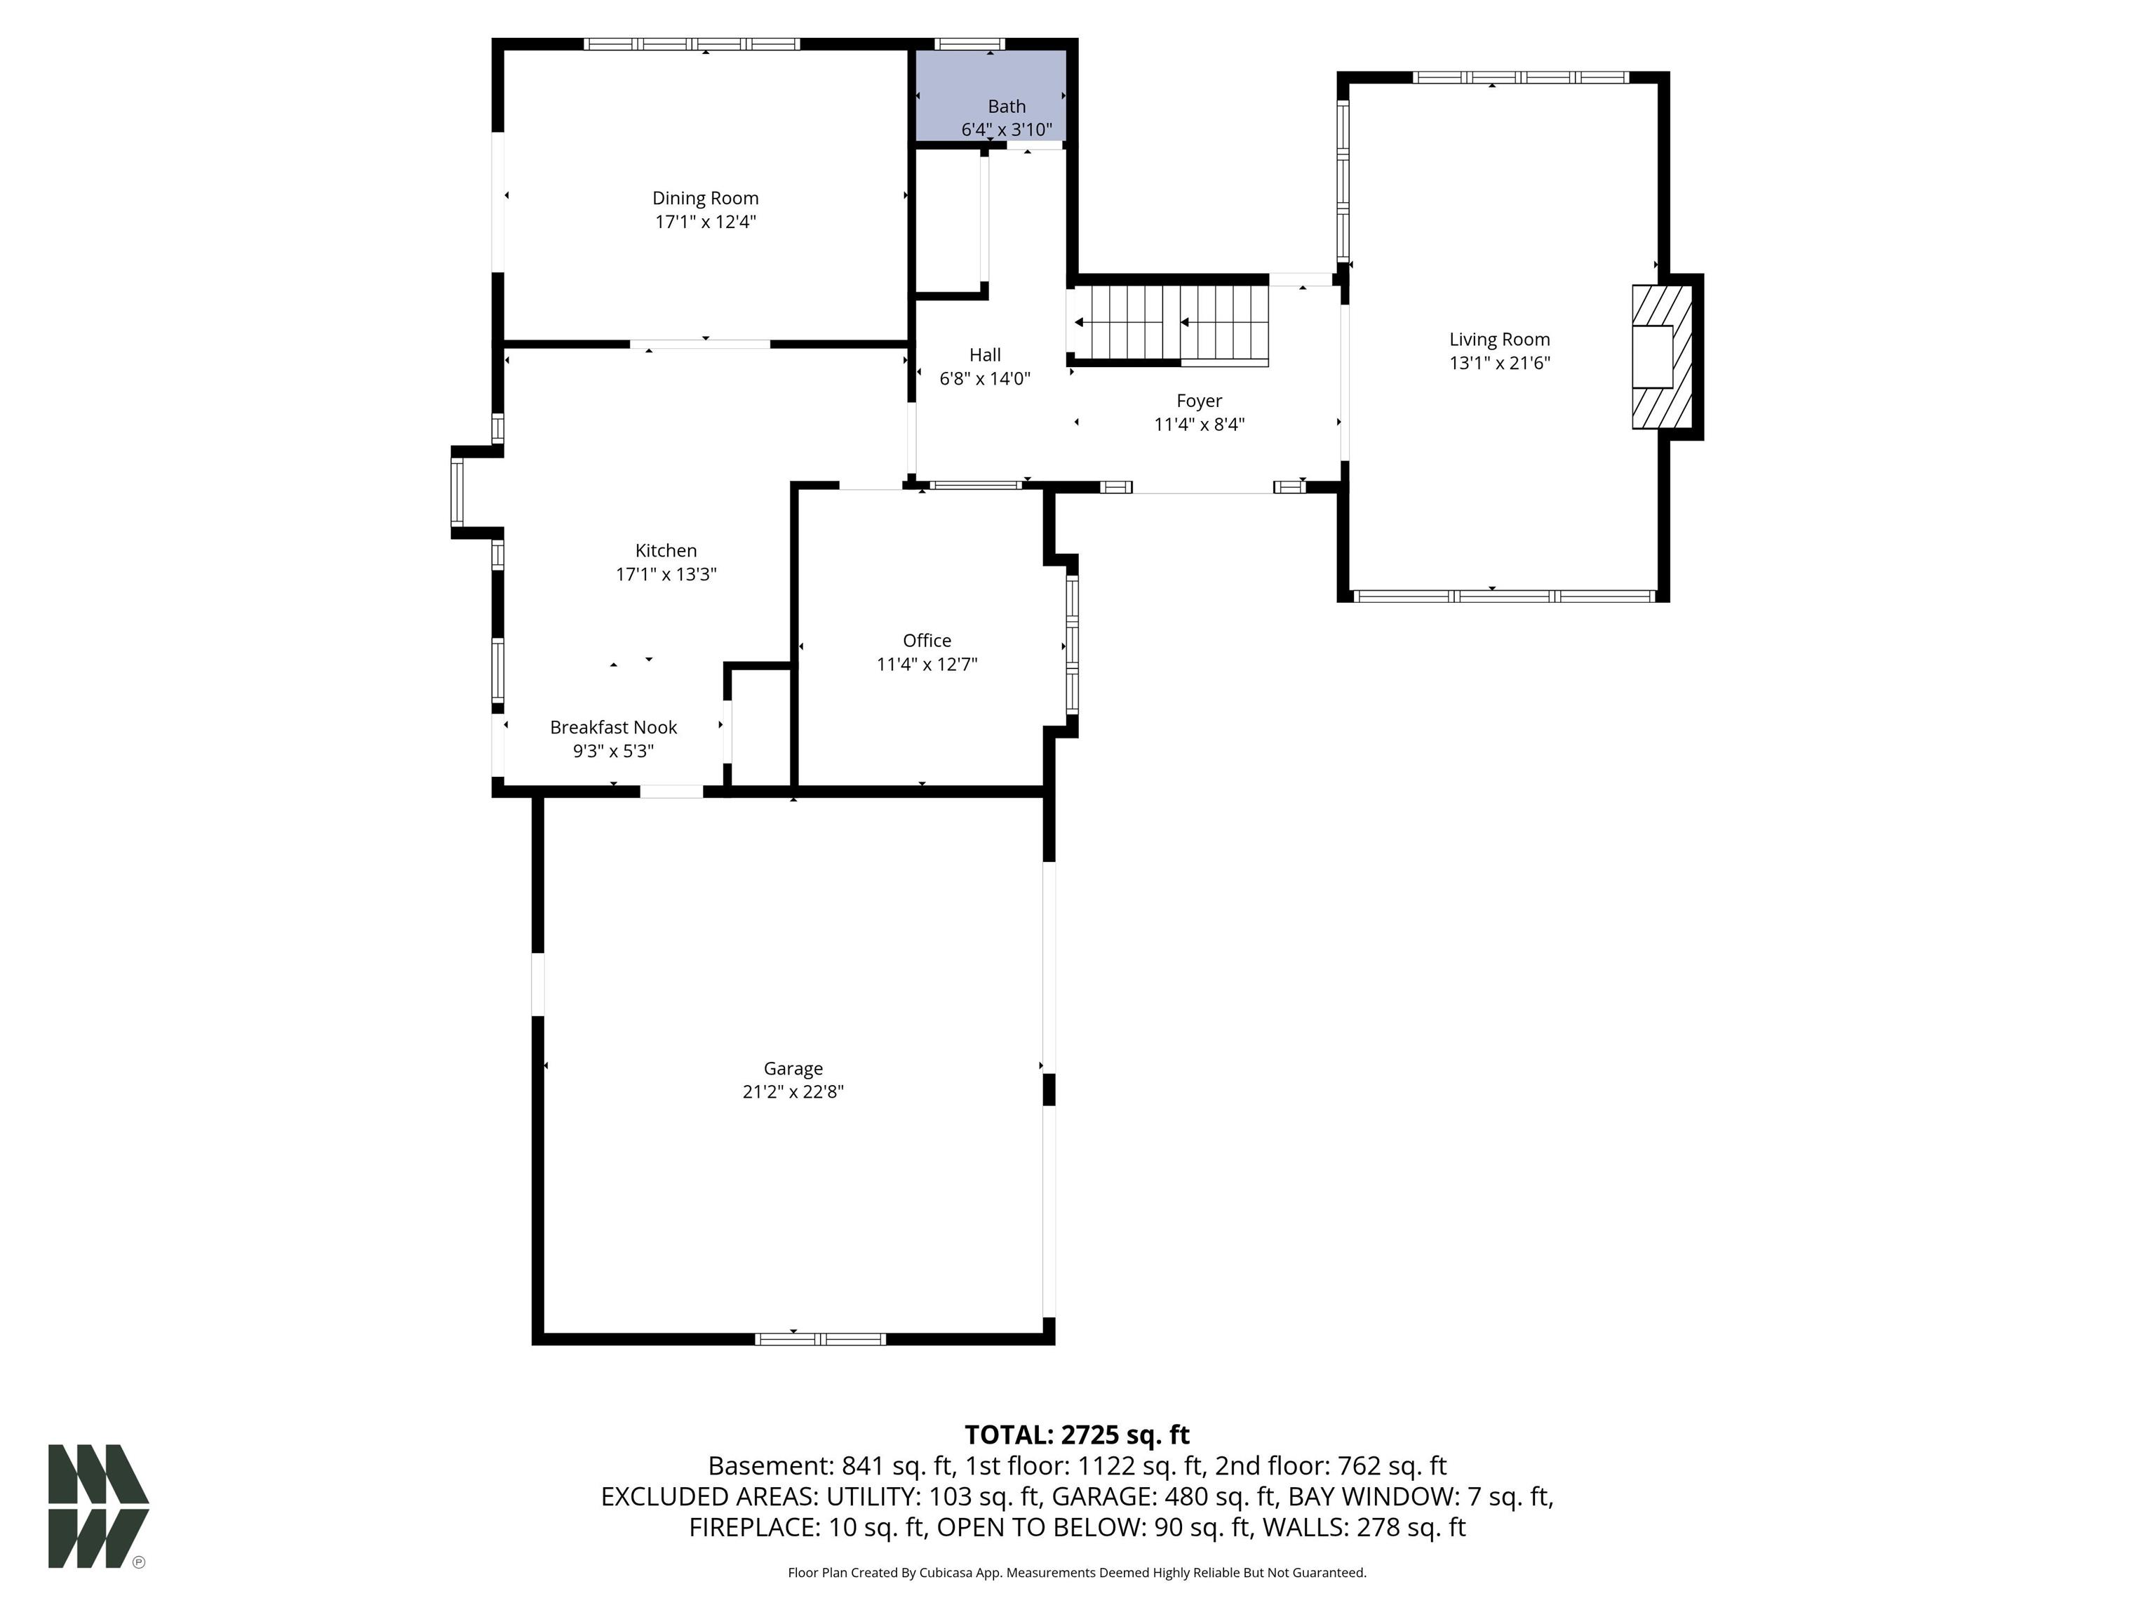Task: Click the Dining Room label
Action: pyautogui.click(x=705, y=198)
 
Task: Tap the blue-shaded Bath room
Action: pyautogui.click(x=990, y=95)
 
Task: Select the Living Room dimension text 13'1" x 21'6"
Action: pyautogui.click(x=1499, y=364)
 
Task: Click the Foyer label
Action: pyautogui.click(x=1200, y=401)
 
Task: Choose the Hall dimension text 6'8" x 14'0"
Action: pyautogui.click(x=985, y=378)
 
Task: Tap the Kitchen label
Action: pyautogui.click(x=666, y=551)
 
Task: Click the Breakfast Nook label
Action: pyautogui.click(x=614, y=727)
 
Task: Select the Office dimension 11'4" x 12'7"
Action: pyautogui.click(x=927, y=665)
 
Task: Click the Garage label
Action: pyautogui.click(x=793, y=1068)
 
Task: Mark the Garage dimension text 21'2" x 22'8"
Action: pyautogui.click(x=793, y=1091)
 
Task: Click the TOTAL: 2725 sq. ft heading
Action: pyautogui.click(x=1077, y=1435)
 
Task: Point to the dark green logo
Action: pyautogui.click(x=98, y=1506)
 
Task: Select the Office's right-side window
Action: pyautogui.click(x=1073, y=644)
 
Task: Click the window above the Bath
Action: pyautogui.click(x=969, y=44)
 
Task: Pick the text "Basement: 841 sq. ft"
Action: pyautogui.click(x=831, y=1466)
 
